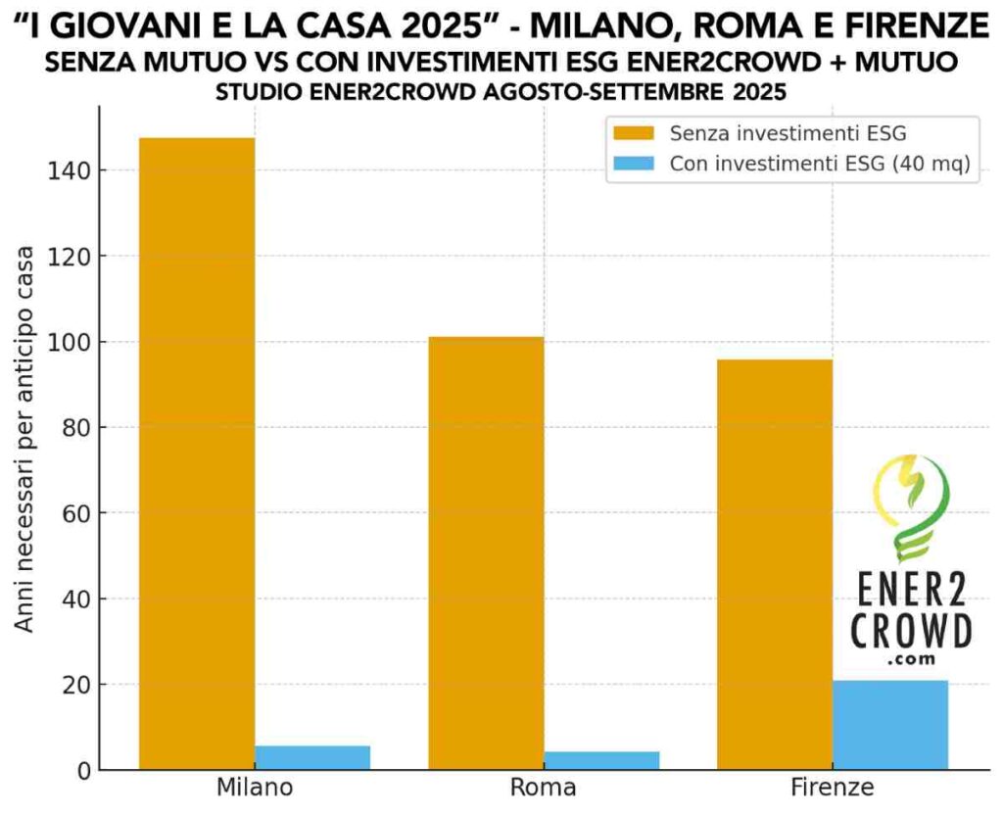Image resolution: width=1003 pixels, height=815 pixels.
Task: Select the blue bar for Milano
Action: (x=312, y=757)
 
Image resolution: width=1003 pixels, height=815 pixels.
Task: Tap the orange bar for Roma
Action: (x=486, y=553)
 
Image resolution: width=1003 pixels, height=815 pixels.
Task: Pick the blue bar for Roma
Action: (x=601, y=760)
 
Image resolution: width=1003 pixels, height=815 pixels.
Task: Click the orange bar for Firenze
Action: (x=774, y=564)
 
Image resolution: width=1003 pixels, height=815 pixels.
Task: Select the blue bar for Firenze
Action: (x=890, y=725)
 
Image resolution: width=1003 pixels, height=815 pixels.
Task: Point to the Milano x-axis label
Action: (x=255, y=789)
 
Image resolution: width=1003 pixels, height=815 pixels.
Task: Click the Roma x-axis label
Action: (x=544, y=789)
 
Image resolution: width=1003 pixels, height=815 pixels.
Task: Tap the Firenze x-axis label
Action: (x=833, y=789)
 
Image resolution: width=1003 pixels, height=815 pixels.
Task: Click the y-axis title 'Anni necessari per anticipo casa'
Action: (x=26, y=439)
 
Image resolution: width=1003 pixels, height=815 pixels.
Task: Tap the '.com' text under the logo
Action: (x=911, y=660)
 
